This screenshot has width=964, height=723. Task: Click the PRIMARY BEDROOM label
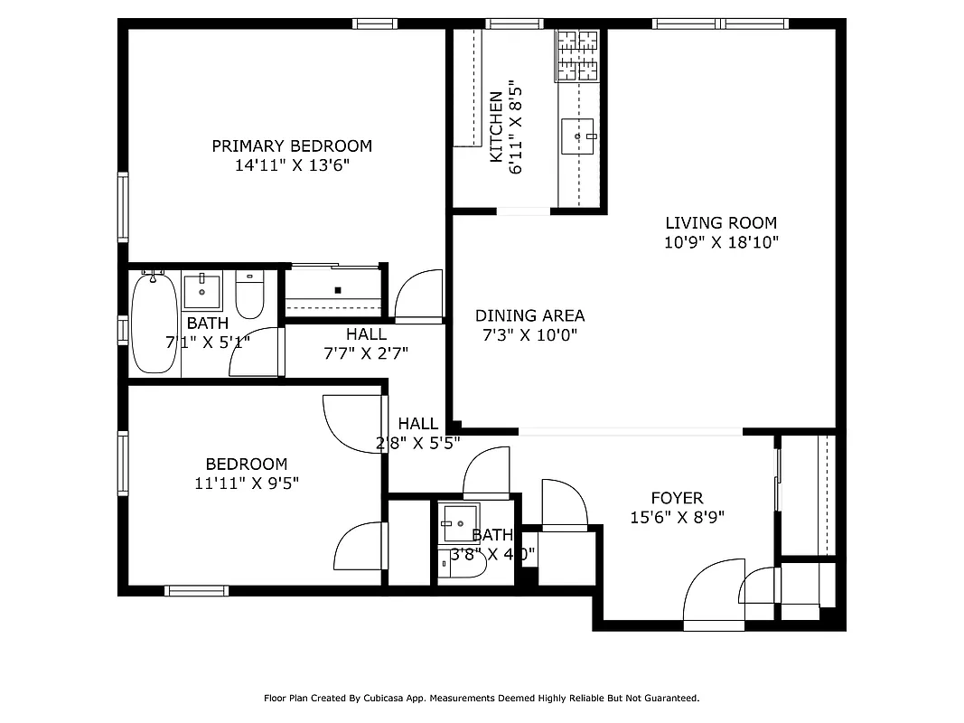[x=291, y=146]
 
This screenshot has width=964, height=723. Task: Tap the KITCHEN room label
[x=496, y=127]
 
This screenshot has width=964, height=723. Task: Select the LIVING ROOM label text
[x=720, y=222]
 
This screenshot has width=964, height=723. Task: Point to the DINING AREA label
[x=529, y=315]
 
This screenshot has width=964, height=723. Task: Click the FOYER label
[x=677, y=498]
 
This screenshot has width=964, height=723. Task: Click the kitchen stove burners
[x=577, y=54]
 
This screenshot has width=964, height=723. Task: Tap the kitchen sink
[x=577, y=136]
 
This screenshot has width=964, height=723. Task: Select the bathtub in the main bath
[x=154, y=323]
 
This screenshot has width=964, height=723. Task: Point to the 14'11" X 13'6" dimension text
[x=291, y=165]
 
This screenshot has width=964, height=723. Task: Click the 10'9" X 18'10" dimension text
[x=720, y=242]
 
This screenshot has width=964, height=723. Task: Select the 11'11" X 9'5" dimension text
[x=246, y=484]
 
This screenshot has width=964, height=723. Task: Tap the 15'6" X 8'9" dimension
[x=677, y=518]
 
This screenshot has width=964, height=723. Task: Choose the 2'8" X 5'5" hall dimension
[x=417, y=443]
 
